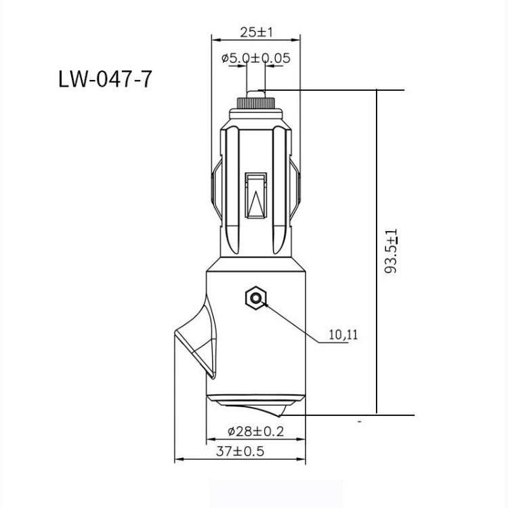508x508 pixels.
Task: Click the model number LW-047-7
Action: point(105,79)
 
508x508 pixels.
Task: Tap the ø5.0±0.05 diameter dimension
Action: point(256,58)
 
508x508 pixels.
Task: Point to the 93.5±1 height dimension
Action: point(391,251)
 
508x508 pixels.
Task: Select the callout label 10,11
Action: point(343,334)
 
